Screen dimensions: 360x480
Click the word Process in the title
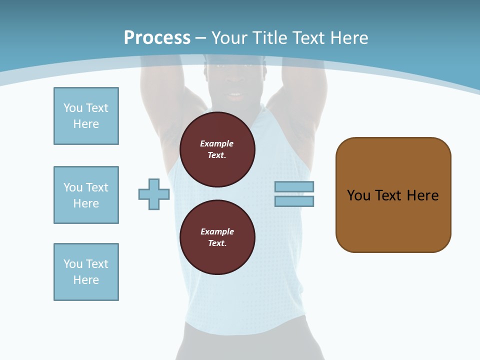tap(157, 38)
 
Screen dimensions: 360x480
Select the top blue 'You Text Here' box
tap(86, 116)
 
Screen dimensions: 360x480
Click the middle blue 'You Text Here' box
tap(86, 195)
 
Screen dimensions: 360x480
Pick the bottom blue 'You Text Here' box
tap(86, 272)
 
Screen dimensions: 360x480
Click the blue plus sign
tap(154, 194)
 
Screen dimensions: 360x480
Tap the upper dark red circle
tap(217, 149)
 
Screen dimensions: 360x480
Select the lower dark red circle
tap(217, 237)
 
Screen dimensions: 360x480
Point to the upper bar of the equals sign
tap(294, 187)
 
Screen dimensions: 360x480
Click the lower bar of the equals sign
tap(294, 201)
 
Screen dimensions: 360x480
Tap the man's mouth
tap(234, 94)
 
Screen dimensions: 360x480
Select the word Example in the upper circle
tap(216, 143)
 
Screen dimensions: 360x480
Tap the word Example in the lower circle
tap(217, 231)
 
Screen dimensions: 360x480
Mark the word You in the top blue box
tap(72, 108)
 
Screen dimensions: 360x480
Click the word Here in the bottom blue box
tap(86, 280)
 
